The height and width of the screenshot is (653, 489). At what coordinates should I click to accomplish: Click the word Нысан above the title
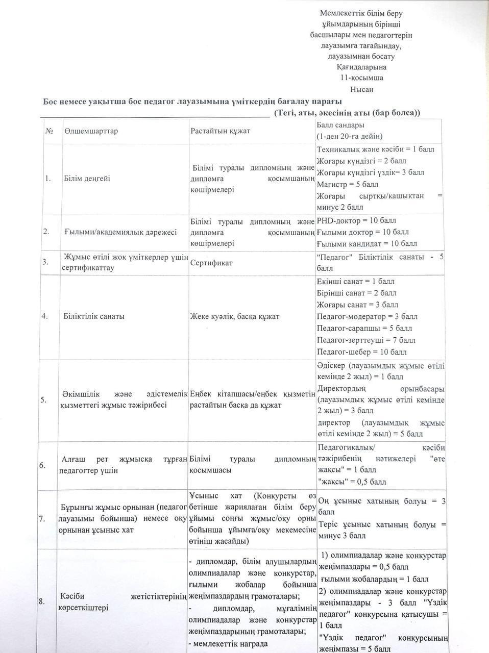pos(361,89)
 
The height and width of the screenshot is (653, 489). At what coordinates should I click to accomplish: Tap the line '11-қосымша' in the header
pos(361,78)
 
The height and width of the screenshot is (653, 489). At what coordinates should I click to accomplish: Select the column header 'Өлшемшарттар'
pos(91,131)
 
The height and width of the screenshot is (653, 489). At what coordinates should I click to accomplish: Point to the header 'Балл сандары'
pos(340,124)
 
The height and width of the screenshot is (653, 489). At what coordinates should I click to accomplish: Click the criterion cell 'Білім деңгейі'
pos(87,179)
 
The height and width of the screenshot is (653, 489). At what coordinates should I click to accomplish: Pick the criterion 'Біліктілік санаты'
pos(94,316)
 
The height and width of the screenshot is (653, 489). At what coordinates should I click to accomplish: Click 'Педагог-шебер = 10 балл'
pos(361,352)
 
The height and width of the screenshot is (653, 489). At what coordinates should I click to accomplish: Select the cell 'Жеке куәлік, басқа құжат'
pos(234,316)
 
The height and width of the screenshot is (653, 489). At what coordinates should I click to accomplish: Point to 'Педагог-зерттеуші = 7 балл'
pos(365,340)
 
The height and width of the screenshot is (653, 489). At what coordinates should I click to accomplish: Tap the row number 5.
pos(43,400)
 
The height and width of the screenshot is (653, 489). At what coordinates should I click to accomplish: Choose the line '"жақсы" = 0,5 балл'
pos(352,482)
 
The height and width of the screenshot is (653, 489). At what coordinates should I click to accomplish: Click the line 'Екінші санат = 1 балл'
pos(355,282)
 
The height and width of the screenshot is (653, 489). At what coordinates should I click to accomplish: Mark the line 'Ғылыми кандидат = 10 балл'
pos(366,244)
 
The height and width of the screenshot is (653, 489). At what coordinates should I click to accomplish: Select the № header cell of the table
pos(50,131)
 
